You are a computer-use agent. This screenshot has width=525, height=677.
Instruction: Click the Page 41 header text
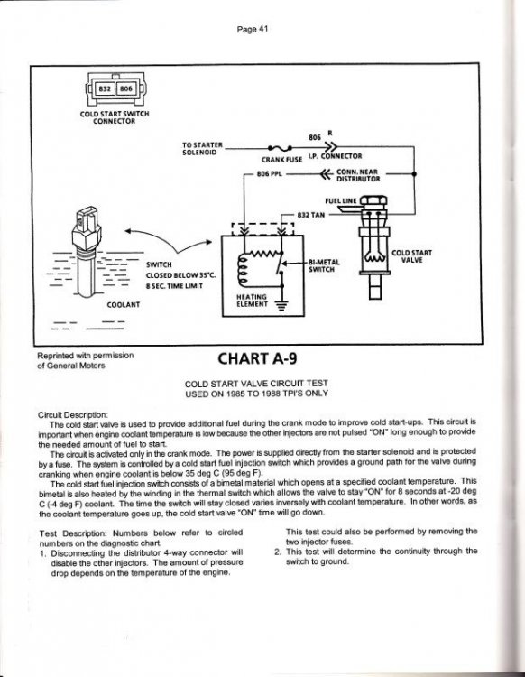point(253,30)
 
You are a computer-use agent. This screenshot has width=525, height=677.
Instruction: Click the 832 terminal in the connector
point(105,89)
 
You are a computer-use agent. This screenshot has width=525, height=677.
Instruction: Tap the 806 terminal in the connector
point(125,89)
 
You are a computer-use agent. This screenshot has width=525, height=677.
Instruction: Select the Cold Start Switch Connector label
point(115,117)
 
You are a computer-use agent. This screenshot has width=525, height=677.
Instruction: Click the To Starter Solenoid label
point(202,149)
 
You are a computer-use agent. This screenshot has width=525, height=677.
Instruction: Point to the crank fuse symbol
point(280,149)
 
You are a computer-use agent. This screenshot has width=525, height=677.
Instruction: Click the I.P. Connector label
point(335,156)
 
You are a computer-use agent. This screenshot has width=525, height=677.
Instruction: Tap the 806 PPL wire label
point(269,174)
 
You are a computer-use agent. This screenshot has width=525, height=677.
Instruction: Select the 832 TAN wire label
point(311,215)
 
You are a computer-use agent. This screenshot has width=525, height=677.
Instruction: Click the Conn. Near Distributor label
point(358,175)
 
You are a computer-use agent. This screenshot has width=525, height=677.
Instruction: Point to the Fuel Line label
point(341,200)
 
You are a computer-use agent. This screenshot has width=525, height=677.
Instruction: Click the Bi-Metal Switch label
point(324,265)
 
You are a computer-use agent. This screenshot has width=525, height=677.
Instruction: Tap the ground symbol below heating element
point(282,305)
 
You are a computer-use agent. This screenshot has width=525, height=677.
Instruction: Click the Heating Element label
point(252,301)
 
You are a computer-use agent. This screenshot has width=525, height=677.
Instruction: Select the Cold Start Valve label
point(411,256)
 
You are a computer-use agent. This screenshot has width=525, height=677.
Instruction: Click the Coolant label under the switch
point(124,305)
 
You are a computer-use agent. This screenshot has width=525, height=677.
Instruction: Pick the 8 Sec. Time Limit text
point(174,286)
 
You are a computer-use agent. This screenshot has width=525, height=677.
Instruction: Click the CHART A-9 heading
point(258,358)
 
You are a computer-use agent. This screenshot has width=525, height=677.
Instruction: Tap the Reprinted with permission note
point(86,360)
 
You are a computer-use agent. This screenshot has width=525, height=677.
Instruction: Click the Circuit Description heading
point(73,415)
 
